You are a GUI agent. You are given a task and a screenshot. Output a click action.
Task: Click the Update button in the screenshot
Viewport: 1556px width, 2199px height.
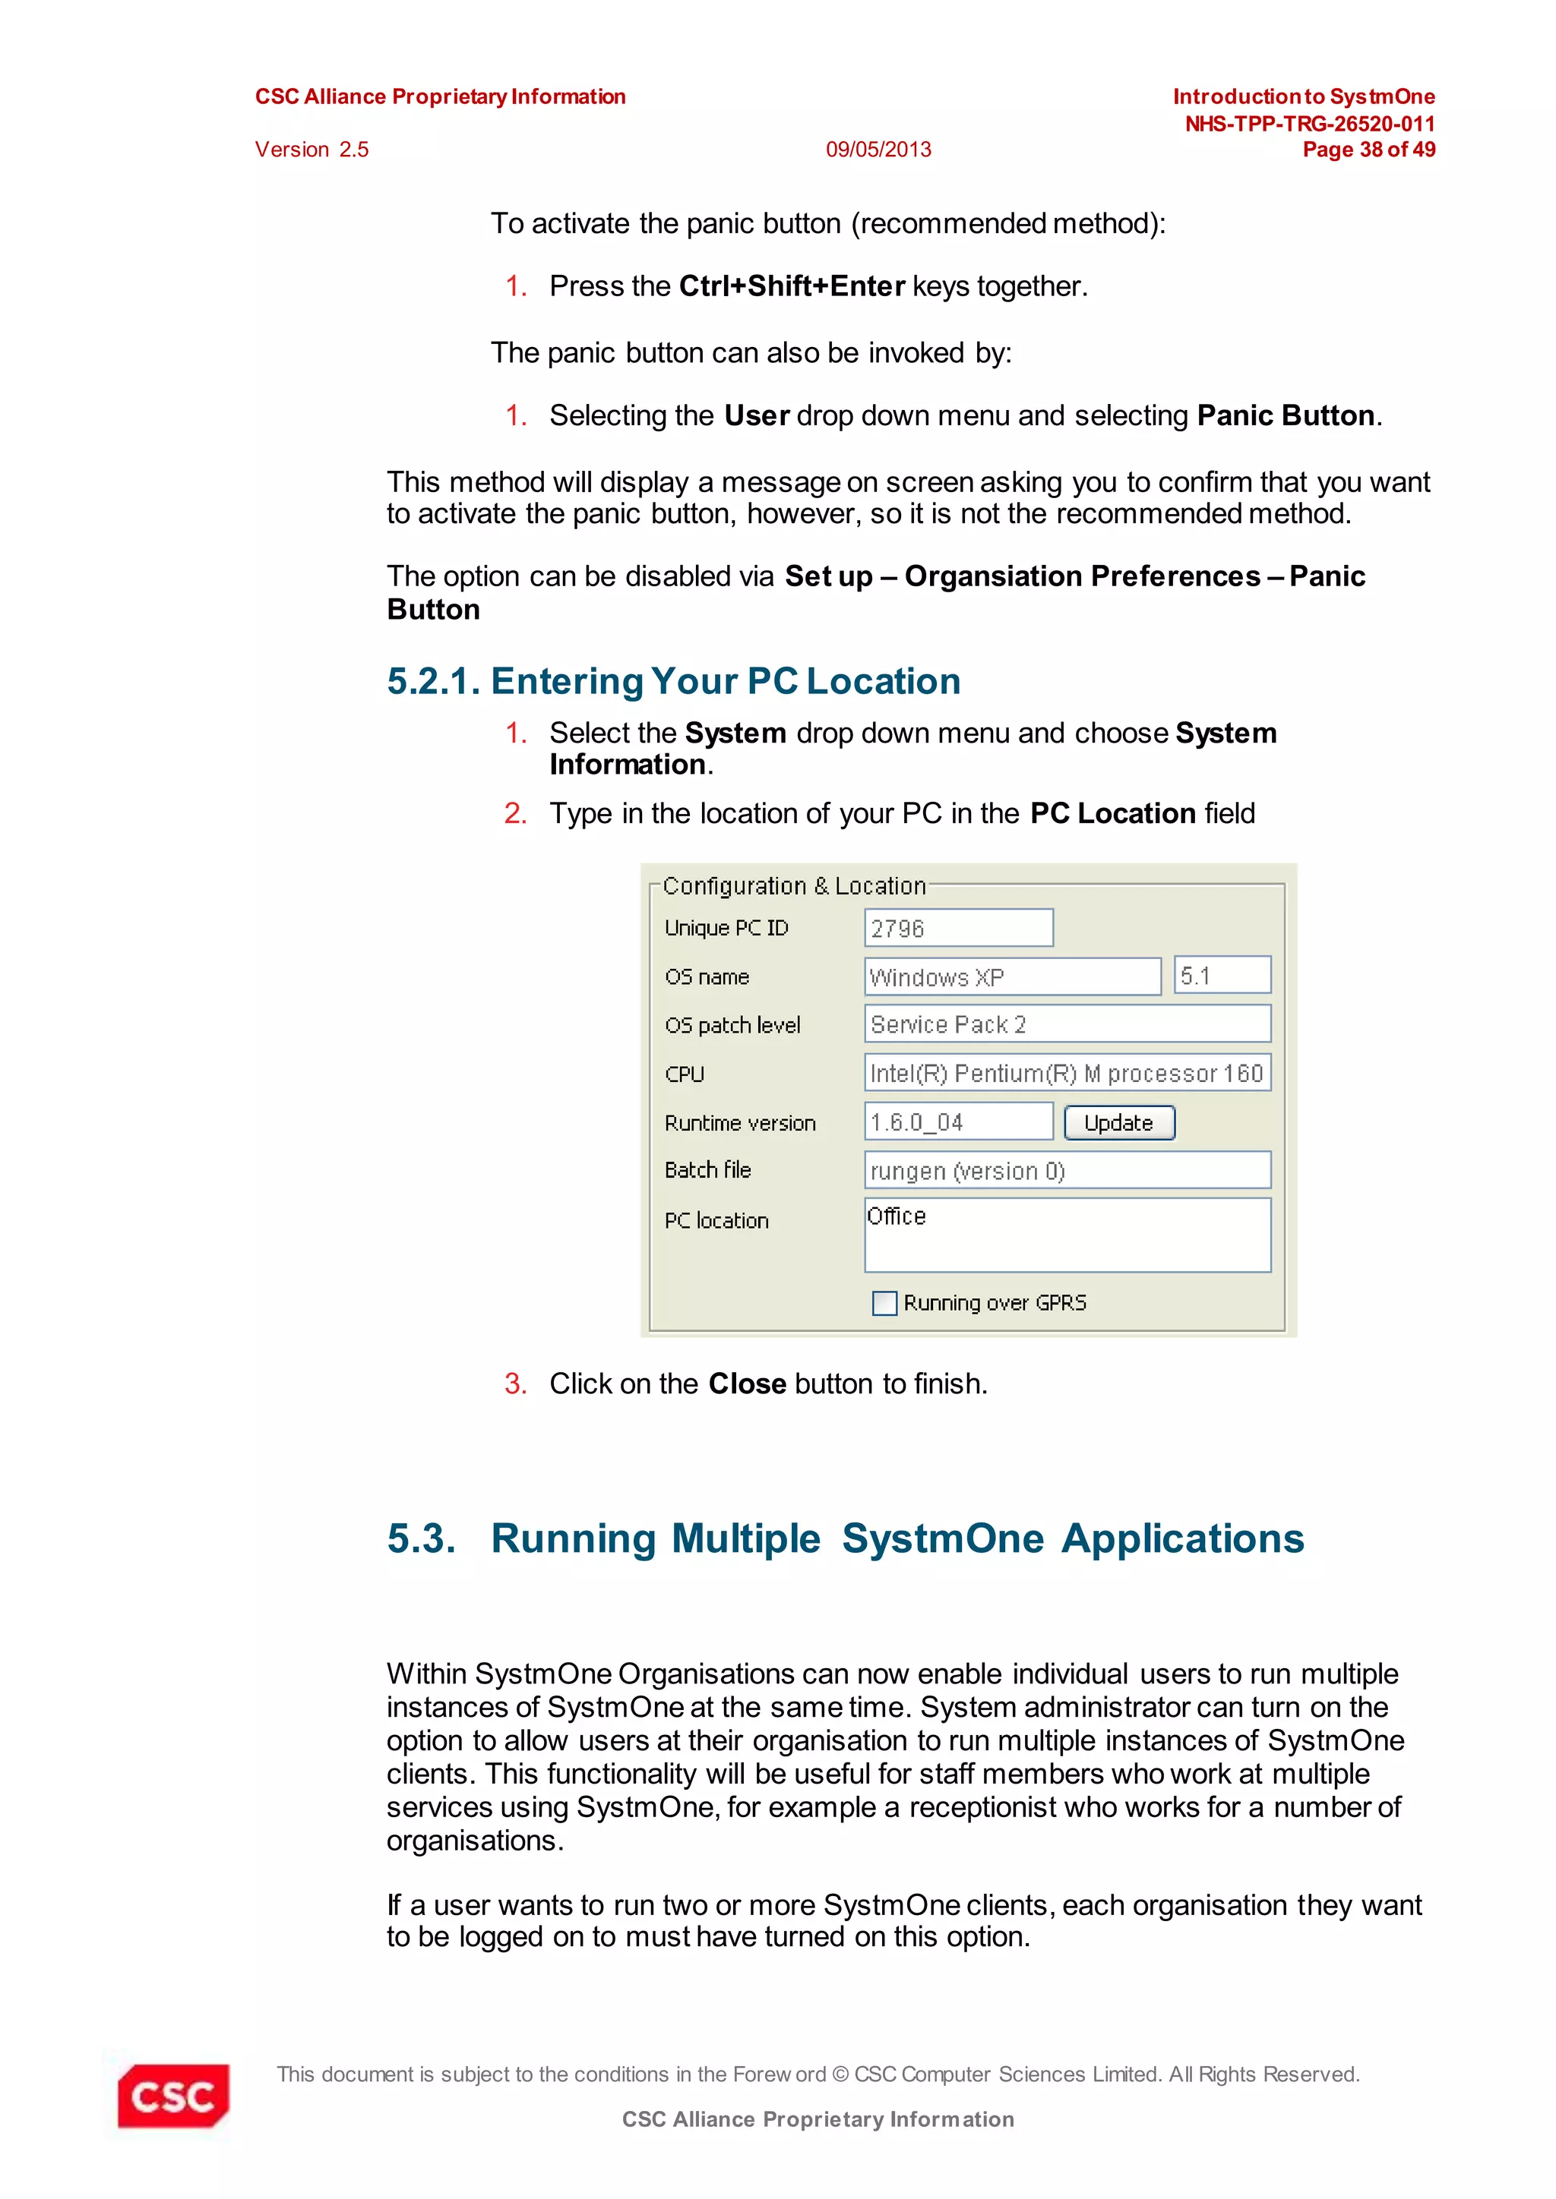[x=1118, y=1122]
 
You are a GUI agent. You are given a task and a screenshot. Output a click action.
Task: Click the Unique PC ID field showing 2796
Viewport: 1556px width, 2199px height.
[x=957, y=928]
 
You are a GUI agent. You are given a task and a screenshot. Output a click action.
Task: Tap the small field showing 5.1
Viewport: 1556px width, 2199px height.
[x=1221, y=975]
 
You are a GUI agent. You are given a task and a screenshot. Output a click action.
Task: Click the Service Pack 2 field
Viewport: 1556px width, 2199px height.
[x=1067, y=1024]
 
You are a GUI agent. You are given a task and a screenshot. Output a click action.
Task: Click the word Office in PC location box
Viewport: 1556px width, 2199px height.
[x=897, y=1216]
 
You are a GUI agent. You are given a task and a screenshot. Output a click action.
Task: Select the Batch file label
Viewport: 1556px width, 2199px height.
[x=707, y=1169]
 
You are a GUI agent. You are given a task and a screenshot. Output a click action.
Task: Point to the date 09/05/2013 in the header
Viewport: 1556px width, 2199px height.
[x=878, y=150]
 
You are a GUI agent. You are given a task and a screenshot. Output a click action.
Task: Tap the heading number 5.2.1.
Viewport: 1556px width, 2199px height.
[x=433, y=681]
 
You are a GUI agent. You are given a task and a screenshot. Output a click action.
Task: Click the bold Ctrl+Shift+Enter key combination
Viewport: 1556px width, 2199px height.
[x=792, y=286]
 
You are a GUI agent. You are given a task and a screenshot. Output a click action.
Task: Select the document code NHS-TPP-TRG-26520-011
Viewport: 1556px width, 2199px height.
[x=1309, y=124]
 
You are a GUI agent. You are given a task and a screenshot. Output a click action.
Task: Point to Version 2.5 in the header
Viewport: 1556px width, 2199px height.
[x=312, y=150]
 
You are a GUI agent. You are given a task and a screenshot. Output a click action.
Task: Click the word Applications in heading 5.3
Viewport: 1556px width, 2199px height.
[x=1182, y=1538]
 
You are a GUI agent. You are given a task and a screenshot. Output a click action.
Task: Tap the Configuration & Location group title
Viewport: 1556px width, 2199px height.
[x=793, y=886]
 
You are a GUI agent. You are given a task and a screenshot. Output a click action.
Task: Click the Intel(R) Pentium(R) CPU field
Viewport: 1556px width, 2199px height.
[x=1067, y=1073]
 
